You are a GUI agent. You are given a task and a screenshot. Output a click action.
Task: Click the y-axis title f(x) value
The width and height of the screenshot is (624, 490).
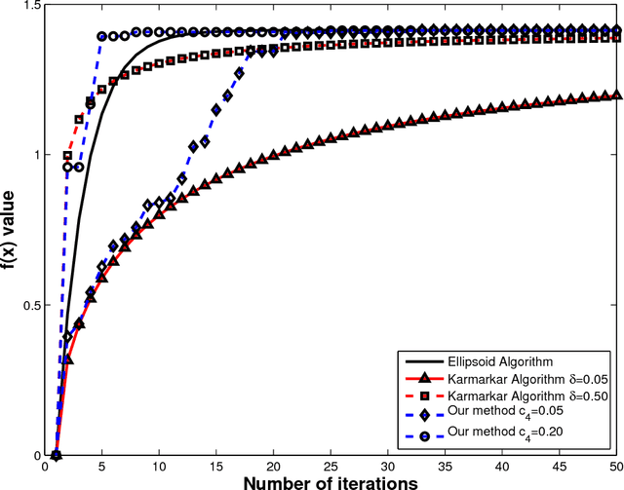coord(12,229)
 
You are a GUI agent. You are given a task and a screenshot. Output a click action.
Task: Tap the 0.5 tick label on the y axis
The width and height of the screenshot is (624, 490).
coord(34,305)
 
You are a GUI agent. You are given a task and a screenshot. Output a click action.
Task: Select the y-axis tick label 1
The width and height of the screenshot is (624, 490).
coord(40,155)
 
